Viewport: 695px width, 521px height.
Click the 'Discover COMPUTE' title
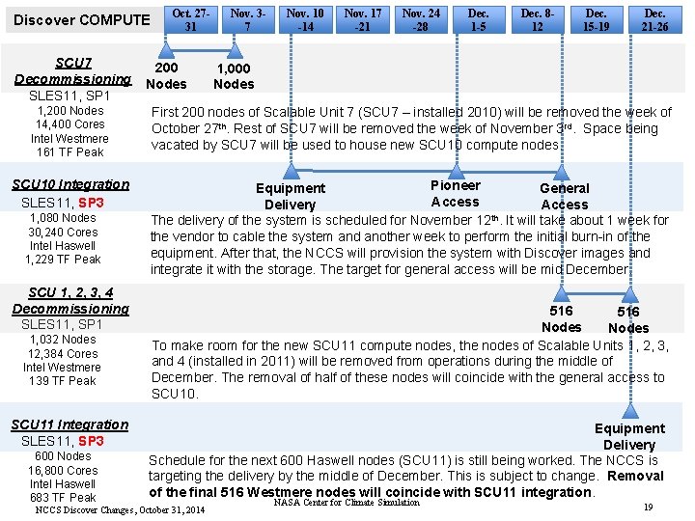click(82, 19)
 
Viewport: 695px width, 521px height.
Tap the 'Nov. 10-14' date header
click(305, 19)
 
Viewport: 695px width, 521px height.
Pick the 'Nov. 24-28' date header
click(421, 19)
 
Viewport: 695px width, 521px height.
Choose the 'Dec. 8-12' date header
click(537, 19)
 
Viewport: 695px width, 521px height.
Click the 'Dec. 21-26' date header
click(654, 19)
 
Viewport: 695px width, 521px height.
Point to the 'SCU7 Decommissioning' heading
click(72, 70)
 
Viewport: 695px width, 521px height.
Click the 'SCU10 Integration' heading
click(70, 184)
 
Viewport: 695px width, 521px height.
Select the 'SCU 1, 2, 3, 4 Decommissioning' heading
click(70, 300)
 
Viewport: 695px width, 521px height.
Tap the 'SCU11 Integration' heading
click(69, 425)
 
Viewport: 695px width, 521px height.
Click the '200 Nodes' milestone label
click(166, 76)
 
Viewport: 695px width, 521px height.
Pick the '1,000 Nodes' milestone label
click(234, 76)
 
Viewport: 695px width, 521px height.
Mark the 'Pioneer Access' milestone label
click(455, 193)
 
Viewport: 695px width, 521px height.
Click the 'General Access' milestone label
click(565, 196)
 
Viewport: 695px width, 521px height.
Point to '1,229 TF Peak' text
click(63, 260)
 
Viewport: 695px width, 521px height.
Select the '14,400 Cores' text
click(69, 124)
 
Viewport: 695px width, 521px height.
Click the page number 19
click(648, 507)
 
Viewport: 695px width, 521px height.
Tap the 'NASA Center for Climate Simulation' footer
click(347, 502)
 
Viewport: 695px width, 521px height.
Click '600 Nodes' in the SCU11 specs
click(63, 456)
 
